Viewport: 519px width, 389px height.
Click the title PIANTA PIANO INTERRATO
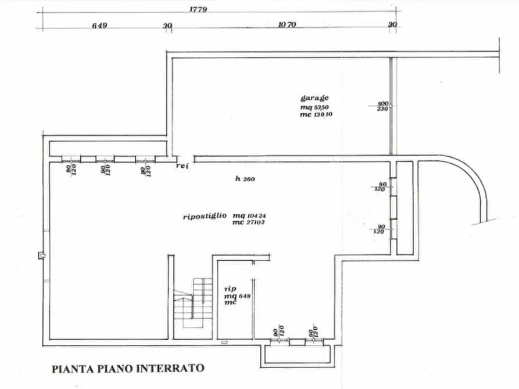tap(128, 368)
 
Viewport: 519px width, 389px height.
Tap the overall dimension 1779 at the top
tap(199, 10)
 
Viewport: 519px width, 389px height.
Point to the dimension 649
tap(101, 26)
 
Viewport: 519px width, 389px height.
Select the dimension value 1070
tap(288, 25)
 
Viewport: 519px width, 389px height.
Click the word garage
tap(314, 98)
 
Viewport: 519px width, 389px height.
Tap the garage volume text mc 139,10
tap(317, 114)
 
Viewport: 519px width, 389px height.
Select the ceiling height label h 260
tap(246, 179)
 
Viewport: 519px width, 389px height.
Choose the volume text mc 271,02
tap(249, 222)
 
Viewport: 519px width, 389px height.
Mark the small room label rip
tap(230, 288)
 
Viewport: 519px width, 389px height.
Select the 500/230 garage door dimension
tap(382, 106)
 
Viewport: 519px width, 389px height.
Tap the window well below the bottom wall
tap(298, 354)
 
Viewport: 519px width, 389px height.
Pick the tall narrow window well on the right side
tap(405, 207)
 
